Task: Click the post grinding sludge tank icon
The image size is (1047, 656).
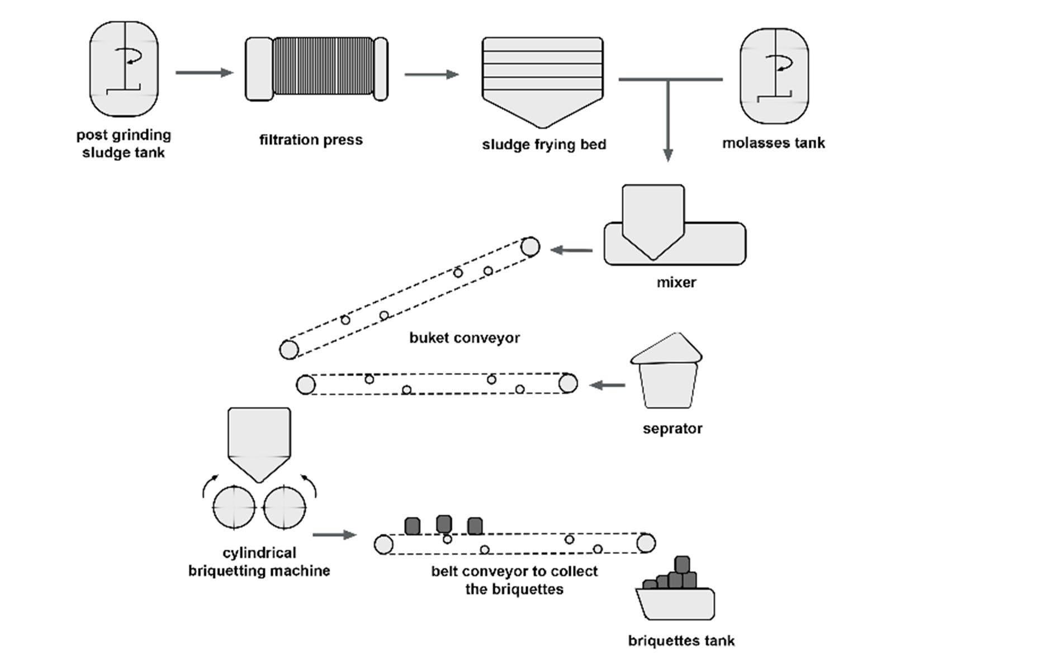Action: coord(124,69)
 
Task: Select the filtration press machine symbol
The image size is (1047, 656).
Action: coord(316,69)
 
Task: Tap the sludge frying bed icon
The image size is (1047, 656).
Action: coord(542,81)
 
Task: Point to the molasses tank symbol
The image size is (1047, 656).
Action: coord(774,75)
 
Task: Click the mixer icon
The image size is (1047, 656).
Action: coord(674,235)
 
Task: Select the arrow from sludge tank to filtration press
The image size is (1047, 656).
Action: coord(204,73)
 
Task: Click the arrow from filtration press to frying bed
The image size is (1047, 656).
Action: coord(431,74)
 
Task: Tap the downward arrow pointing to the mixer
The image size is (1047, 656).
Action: coord(667,123)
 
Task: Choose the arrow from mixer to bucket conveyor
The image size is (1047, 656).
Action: coord(571,250)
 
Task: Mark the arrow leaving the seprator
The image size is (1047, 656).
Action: coord(608,385)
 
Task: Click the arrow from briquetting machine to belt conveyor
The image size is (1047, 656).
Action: coord(334,535)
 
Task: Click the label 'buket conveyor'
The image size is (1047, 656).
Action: coord(465,338)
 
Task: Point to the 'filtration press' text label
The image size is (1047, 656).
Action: coord(311,140)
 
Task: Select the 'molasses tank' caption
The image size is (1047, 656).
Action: coord(773,143)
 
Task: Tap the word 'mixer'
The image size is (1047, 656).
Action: coord(676,282)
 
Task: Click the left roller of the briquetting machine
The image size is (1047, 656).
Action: coord(234,507)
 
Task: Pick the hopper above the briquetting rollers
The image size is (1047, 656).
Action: coord(259,441)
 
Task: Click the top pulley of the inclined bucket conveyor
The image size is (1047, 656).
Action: coord(530,246)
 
